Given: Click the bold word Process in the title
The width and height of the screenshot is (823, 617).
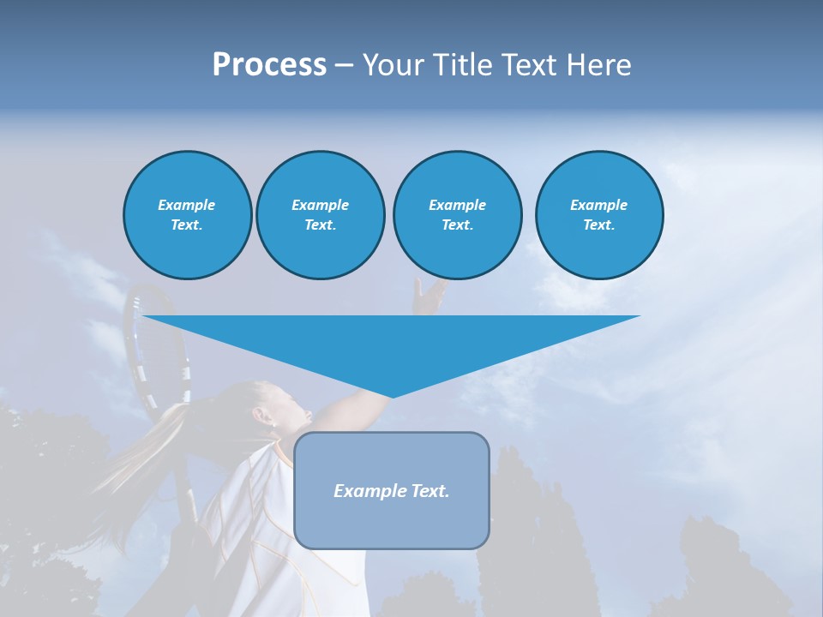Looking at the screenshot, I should (x=269, y=65).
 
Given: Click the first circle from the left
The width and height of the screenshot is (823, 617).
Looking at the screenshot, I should (x=187, y=215).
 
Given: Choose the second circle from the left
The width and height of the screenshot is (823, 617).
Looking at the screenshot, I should (x=320, y=215).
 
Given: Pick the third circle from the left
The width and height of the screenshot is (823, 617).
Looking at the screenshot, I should (x=457, y=215).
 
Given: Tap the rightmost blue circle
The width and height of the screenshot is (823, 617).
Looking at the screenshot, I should (x=598, y=215).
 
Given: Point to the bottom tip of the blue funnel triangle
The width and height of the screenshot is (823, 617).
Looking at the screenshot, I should (x=392, y=396).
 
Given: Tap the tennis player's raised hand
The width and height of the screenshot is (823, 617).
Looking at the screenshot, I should (x=429, y=296).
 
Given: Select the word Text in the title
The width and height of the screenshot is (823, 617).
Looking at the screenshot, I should (x=528, y=65).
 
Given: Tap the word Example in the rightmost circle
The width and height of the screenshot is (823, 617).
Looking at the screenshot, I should (x=598, y=205).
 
